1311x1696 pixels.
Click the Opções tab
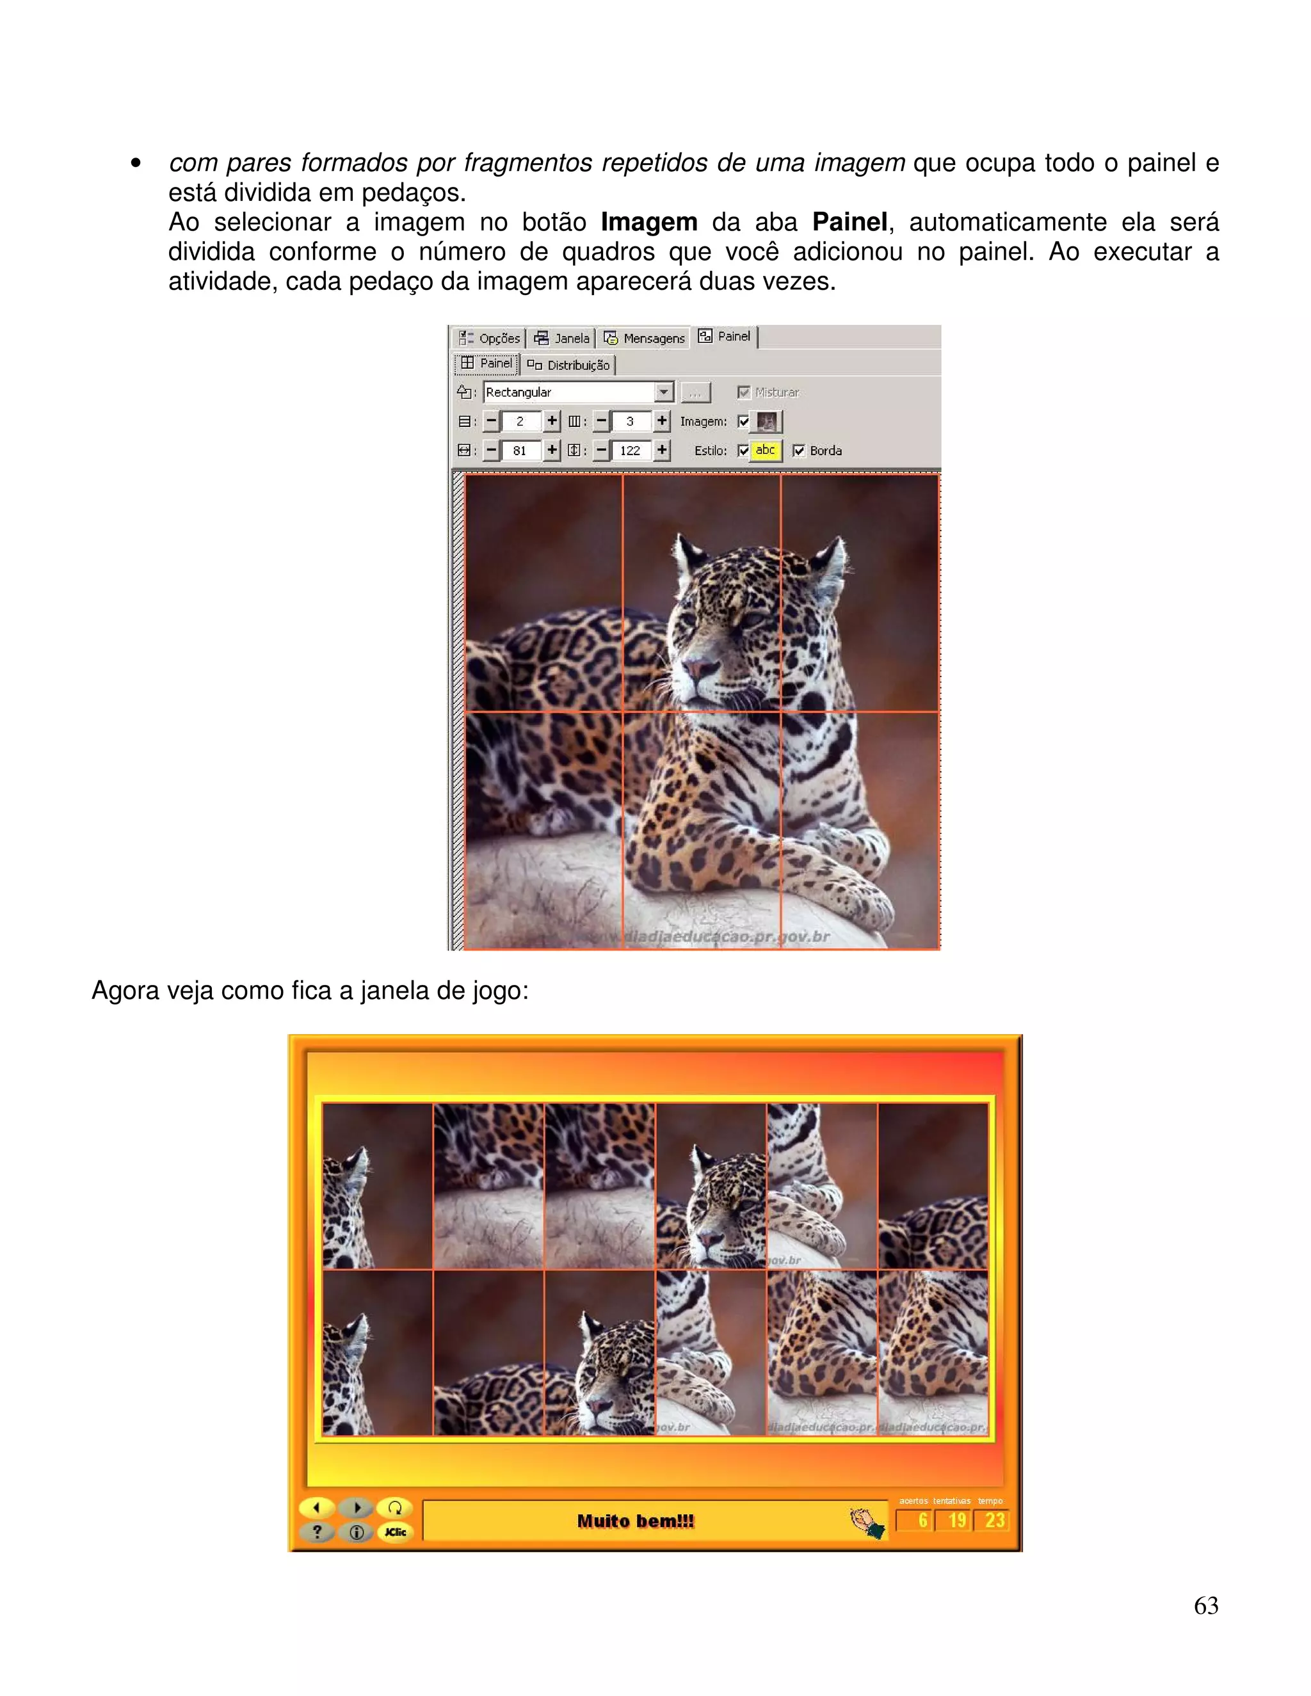[x=489, y=338]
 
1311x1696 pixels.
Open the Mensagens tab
[x=645, y=338]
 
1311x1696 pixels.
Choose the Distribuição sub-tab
[x=568, y=365]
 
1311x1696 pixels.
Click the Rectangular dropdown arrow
[x=663, y=392]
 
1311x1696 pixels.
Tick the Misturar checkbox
[x=743, y=392]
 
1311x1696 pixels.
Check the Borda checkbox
[x=798, y=451]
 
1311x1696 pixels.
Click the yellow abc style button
[x=765, y=451]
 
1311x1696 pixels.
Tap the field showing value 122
[x=630, y=451]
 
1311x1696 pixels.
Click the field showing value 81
[x=520, y=451]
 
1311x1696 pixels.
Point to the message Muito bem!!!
[x=635, y=1521]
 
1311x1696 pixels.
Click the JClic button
[x=396, y=1532]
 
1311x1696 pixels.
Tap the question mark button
[x=317, y=1532]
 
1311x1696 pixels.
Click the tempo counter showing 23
[x=993, y=1521]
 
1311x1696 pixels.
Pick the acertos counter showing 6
[x=917, y=1521]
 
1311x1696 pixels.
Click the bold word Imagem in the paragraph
[x=648, y=222]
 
